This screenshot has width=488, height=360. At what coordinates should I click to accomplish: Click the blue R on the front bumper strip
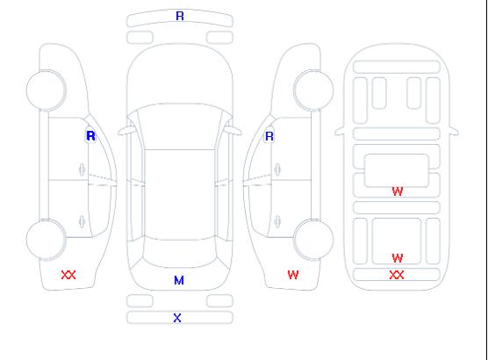180,16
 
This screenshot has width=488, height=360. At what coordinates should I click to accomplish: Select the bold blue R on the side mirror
90,136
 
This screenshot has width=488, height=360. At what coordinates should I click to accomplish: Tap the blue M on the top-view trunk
179,281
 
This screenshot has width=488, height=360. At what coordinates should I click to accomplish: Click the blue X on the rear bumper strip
177,318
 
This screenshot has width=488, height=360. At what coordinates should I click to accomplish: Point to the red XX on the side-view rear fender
68,275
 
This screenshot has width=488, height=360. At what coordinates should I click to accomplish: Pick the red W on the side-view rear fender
293,275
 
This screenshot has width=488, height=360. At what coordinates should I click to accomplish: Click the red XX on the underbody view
397,275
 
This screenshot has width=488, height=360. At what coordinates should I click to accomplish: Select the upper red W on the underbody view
398,191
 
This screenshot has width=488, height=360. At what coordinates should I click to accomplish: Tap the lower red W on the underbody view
398,258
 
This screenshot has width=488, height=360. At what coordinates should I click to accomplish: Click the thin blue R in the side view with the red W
269,136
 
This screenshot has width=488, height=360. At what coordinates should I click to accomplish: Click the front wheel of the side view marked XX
46,90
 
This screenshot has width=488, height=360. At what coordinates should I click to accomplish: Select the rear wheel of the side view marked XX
46,240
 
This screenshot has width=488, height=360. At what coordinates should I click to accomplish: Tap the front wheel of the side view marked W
313,90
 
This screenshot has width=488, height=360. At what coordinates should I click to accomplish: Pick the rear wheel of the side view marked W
313,240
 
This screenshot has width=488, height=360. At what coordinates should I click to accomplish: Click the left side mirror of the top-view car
126,131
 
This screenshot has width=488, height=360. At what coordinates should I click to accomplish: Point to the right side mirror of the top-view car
233,131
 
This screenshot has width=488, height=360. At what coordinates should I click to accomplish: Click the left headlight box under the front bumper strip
140,38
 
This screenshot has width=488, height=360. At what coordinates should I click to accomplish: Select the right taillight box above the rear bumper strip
219,301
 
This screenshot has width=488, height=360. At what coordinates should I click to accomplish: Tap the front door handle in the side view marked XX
83,169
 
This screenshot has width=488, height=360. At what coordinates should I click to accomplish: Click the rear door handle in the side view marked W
277,222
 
